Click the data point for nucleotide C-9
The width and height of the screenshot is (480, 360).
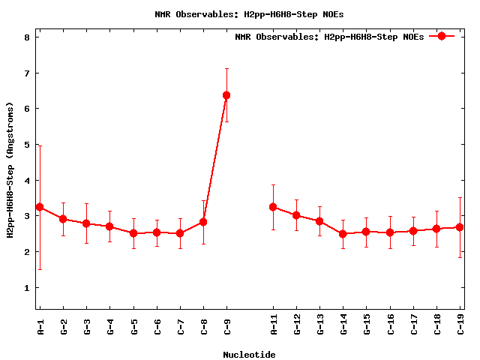[226, 95]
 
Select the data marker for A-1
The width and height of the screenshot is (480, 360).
[40, 207]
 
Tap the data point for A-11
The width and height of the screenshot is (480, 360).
[273, 207]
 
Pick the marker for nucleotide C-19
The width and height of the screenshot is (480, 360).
[460, 227]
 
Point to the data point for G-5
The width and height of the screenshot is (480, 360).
[133, 233]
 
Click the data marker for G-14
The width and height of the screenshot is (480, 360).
[343, 234]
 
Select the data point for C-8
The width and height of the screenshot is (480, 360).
[203, 222]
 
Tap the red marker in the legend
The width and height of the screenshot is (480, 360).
[442, 36]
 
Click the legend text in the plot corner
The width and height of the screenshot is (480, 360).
[329, 37]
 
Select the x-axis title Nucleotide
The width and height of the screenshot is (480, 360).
[249, 355]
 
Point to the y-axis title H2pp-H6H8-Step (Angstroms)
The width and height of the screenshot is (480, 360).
[10, 171]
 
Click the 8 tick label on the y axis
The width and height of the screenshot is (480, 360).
[27, 37]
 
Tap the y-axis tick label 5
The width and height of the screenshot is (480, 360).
[27, 145]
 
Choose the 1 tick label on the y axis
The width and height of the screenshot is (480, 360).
[27, 288]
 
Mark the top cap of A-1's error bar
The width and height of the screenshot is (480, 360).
[40, 145]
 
